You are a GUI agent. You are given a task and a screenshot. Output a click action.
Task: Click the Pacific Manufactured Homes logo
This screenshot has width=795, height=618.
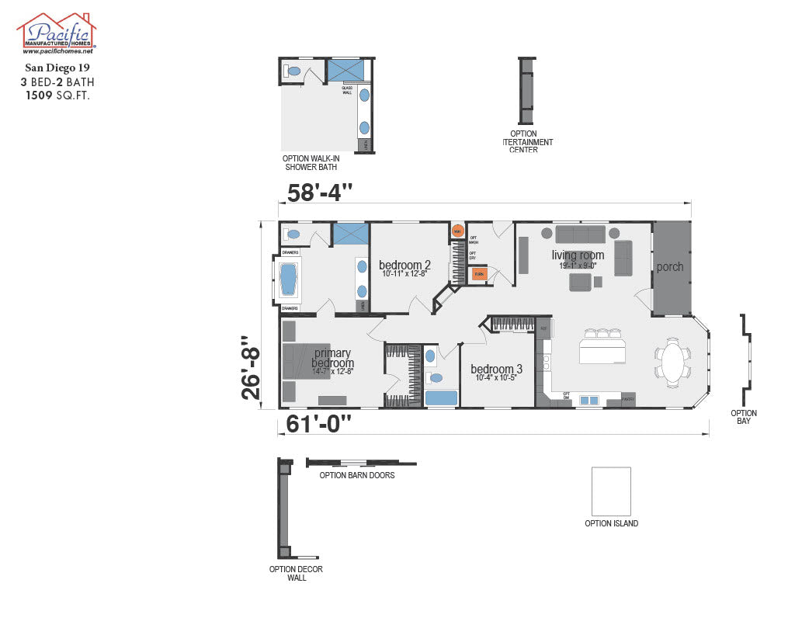pyautogui.click(x=56, y=33)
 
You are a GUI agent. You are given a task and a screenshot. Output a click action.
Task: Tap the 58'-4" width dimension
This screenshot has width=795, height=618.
pyautogui.click(x=320, y=192)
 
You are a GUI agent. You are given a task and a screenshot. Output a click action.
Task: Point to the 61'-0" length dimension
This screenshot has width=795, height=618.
pyautogui.click(x=318, y=424)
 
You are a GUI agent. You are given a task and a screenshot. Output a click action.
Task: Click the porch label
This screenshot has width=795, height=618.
pyautogui.click(x=670, y=267)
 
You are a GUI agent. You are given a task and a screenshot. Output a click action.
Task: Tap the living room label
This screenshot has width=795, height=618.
pyautogui.click(x=578, y=255)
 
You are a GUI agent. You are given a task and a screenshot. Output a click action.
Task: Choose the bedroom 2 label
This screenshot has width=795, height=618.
pyautogui.click(x=404, y=265)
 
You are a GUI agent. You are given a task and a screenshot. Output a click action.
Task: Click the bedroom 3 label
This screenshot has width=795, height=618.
pyautogui.click(x=496, y=369)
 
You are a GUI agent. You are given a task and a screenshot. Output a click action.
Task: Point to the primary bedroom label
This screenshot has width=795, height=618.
pyautogui.click(x=332, y=358)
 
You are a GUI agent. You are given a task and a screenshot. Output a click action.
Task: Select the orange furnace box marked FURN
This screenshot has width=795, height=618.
pyautogui.click(x=479, y=274)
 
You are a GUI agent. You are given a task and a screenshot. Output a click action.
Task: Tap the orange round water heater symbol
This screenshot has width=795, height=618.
pyautogui.click(x=457, y=231)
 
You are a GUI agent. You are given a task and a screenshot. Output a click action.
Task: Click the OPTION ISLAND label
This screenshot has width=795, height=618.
pyautogui.click(x=611, y=524)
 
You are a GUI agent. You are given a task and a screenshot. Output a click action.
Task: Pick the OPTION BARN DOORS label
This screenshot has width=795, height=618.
pyautogui.click(x=357, y=475)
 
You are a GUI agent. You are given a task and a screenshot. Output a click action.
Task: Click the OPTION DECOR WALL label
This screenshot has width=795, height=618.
pyautogui.click(x=296, y=573)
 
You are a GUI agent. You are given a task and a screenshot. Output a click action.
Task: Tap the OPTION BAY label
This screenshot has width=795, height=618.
pyautogui.click(x=744, y=417)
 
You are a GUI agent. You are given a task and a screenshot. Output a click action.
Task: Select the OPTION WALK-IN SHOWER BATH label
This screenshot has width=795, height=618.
pyautogui.click(x=311, y=162)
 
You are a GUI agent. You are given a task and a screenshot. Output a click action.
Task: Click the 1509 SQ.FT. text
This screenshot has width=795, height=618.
pyautogui.click(x=56, y=95)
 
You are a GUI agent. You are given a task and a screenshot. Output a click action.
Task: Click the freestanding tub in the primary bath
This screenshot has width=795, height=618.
pyautogui.click(x=289, y=279)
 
